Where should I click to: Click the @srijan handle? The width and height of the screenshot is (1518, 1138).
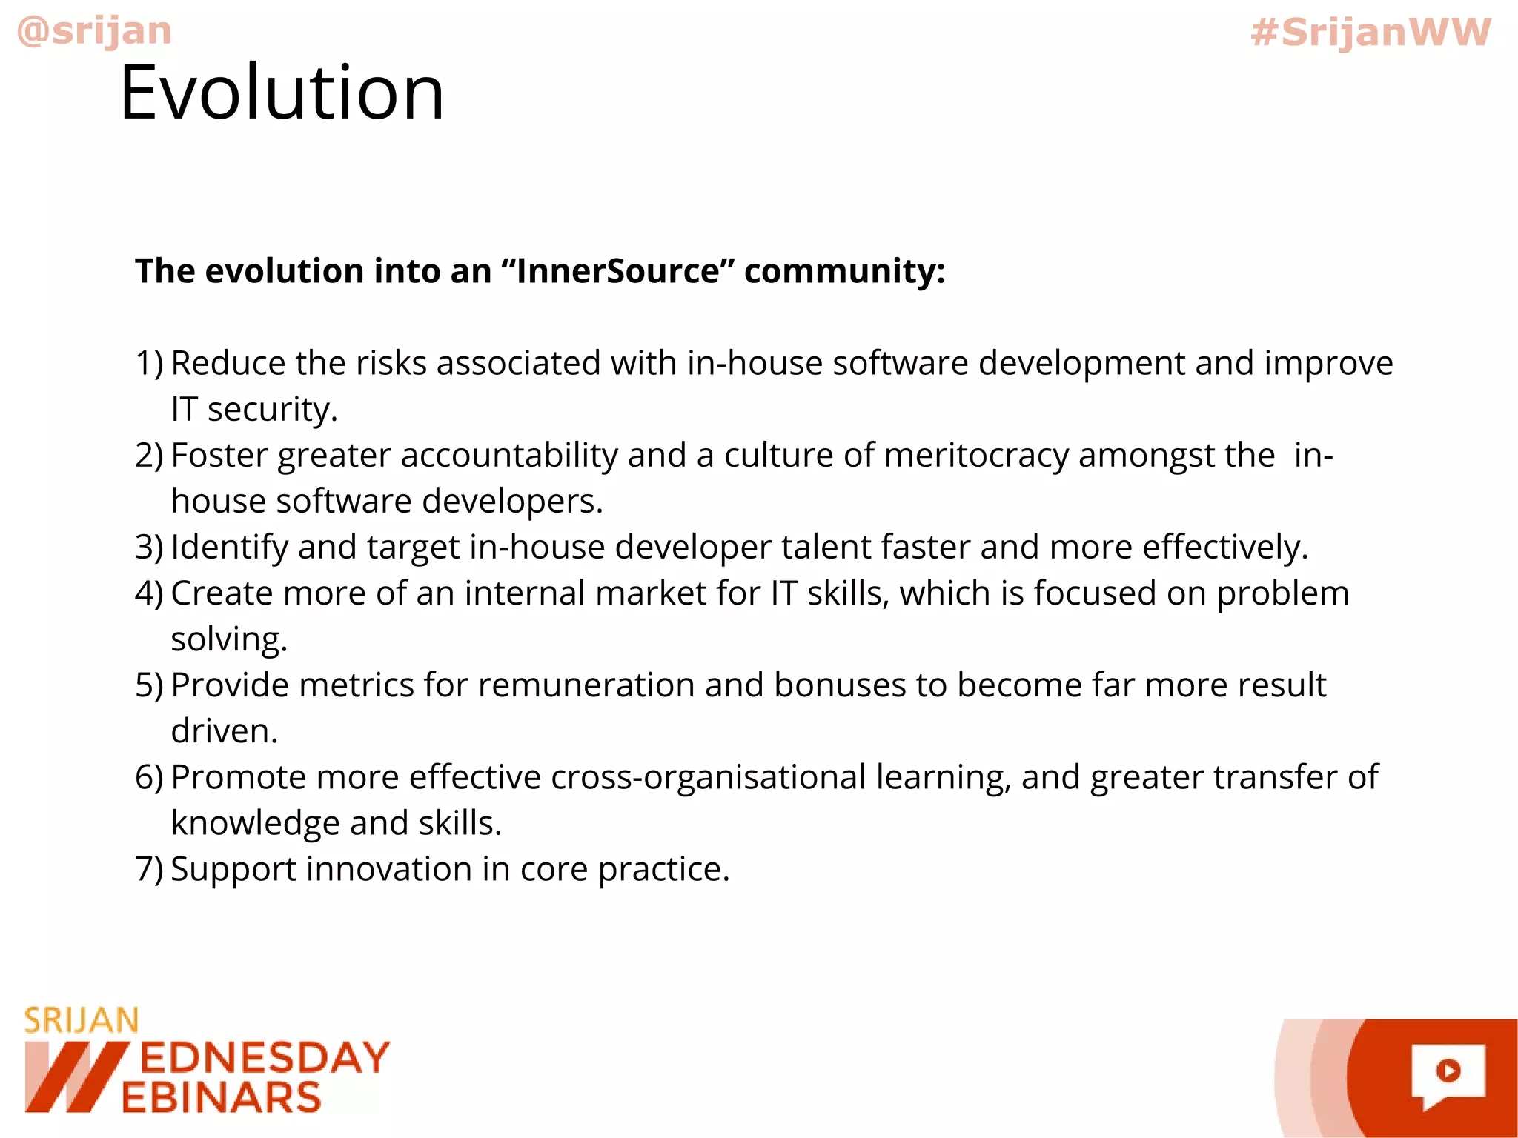[x=94, y=31]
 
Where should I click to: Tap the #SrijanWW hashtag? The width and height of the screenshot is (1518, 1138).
[x=1370, y=33]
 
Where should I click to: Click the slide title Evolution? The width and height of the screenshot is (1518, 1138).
[x=282, y=93]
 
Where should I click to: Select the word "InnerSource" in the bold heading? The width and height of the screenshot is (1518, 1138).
[x=617, y=271]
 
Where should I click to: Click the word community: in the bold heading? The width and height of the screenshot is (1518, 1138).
[x=844, y=271]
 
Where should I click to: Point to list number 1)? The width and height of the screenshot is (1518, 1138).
[x=149, y=364]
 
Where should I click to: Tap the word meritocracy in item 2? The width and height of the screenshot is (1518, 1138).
[x=976, y=456]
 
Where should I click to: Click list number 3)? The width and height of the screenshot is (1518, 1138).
[x=149, y=548]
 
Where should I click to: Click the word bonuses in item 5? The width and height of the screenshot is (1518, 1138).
[x=840, y=685]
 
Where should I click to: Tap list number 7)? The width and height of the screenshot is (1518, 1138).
[x=149, y=869]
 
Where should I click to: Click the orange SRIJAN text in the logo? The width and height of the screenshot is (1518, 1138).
[x=82, y=1021]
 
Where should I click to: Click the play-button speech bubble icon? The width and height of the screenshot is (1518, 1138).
[x=1448, y=1073]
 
